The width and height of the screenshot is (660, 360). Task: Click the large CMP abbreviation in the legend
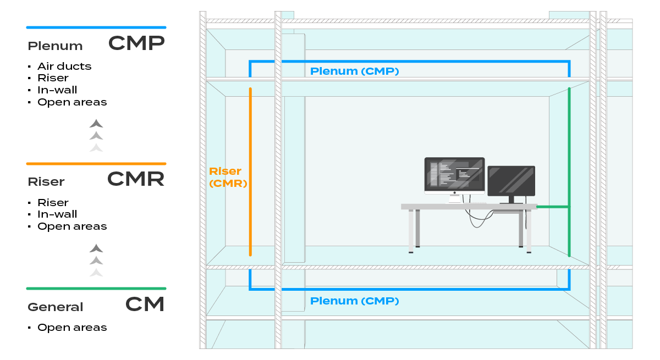pos(136,43)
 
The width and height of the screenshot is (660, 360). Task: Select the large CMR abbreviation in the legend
pos(136,179)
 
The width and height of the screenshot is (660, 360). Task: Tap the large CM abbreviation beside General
pos(145,304)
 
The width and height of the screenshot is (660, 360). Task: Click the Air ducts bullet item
pos(64,67)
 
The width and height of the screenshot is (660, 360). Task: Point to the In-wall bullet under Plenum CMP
pos(57,90)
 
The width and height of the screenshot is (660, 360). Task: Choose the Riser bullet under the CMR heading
pos(53,203)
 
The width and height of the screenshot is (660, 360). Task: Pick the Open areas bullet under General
pos(72,328)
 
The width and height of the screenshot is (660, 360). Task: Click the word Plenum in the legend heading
pos(55,46)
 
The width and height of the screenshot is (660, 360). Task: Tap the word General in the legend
pos(56,307)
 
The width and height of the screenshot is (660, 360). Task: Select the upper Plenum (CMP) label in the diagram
pos(354,71)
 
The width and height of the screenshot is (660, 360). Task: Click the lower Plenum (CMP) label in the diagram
pos(354,301)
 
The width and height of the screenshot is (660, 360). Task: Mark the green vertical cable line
pos(569,165)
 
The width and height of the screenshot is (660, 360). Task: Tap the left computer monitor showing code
pos(454,175)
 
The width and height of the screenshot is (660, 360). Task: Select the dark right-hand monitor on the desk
pos(511,181)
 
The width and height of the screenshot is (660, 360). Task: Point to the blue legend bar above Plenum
pos(96,27)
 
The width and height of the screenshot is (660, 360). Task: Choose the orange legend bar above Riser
pos(96,164)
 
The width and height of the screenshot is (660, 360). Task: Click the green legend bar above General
pos(96,289)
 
